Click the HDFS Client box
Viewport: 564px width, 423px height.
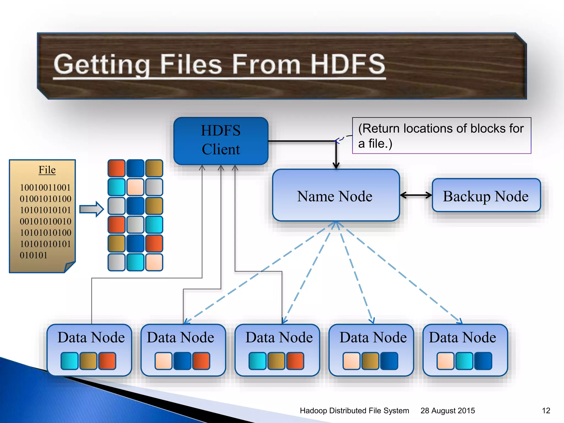click(x=221, y=141)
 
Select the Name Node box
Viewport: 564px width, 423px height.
click(x=336, y=195)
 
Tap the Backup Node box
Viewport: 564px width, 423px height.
click(x=486, y=196)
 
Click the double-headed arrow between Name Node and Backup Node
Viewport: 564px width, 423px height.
click(x=416, y=195)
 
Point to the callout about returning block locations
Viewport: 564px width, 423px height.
click(x=441, y=135)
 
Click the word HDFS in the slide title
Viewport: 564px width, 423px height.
click(x=348, y=64)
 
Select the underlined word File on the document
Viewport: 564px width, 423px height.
click(x=47, y=170)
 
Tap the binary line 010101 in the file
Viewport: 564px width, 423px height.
click(x=34, y=255)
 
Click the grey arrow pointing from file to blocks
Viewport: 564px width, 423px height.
click(x=91, y=209)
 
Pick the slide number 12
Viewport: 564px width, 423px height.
click(x=546, y=411)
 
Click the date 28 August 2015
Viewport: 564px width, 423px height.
click(x=448, y=411)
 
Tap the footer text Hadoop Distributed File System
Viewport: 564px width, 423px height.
click(x=354, y=411)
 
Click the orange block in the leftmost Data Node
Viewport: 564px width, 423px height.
click(x=107, y=360)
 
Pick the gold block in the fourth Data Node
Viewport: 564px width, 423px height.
click(x=370, y=360)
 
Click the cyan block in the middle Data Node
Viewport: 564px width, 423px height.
click(x=257, y=360)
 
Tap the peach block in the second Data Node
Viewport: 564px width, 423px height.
click(x=163, y=360)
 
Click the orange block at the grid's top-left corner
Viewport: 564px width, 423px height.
click(x=116, y=168)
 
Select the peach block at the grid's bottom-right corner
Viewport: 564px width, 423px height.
click(x=154, y=262)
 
